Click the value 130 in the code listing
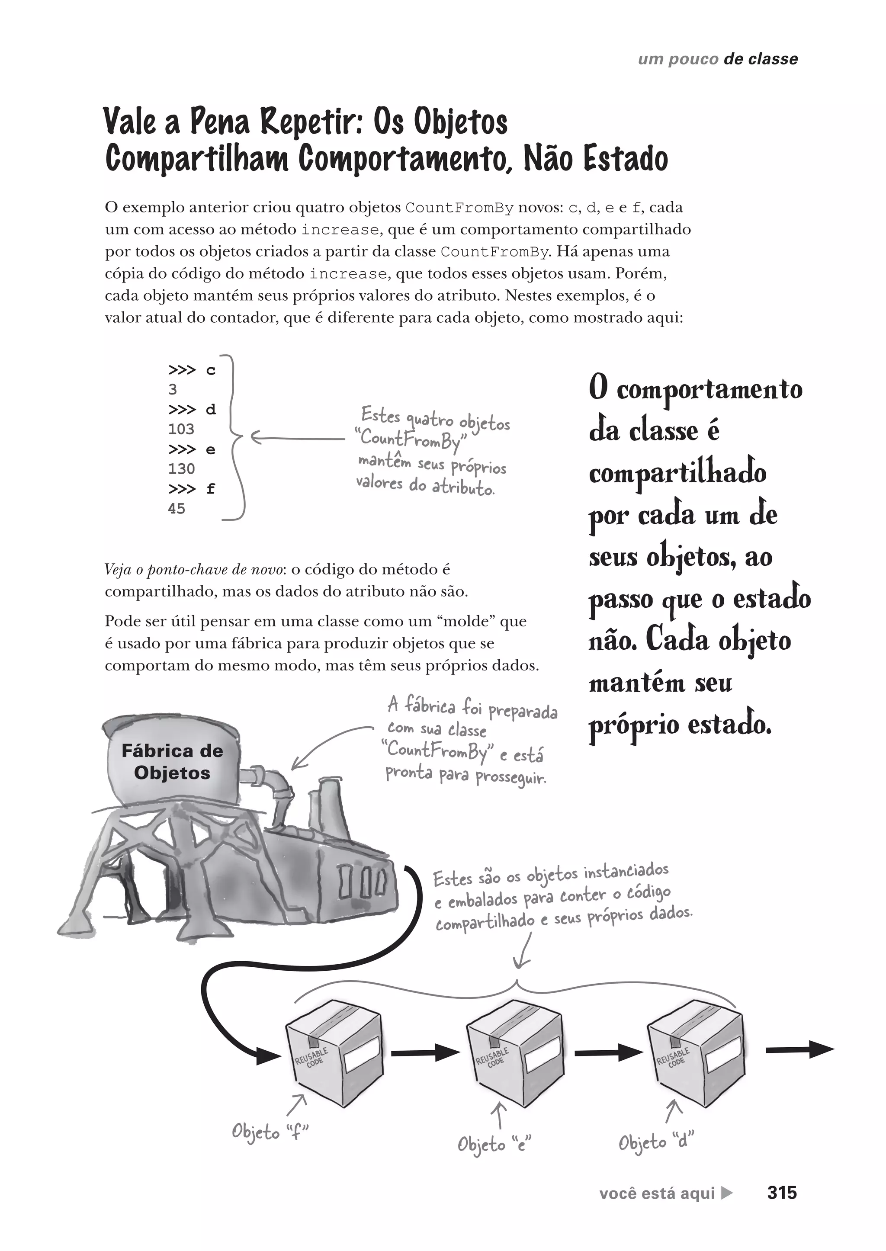[181, 469]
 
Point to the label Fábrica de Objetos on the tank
[172, 762]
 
